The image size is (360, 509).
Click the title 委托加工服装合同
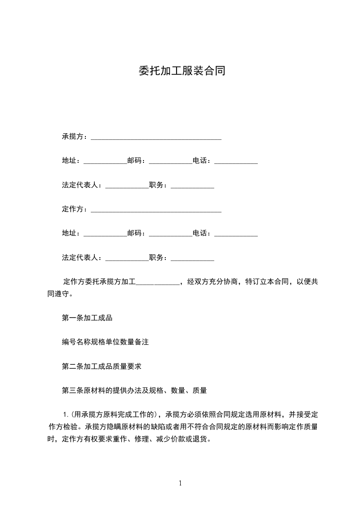pyautogui.click(x=181, y=71)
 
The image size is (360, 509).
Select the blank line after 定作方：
pyautogui.click(x=156, y=210)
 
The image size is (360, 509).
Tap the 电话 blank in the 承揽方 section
pyautogui.click(x=236, y=162)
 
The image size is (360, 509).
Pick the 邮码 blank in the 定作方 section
pyautogui.click(x=171, y=235)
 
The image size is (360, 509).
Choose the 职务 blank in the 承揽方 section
pyautogui.click(x=192, y=186)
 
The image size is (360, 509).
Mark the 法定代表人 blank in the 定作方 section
pyautogui.click(x=127, y=259)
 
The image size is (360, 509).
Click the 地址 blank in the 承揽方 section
pyautogui.click(x=105, y=162)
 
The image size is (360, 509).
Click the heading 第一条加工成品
pyautogui.click(x=87, y=318)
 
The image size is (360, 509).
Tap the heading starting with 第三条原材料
pyautogui.click(x=134, y=390)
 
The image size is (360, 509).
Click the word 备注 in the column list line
pyautogui.click(x=142, y=342)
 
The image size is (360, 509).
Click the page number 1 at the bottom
pyautogui.click(x=180, y=483)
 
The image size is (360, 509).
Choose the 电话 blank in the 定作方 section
pyautogui.click(x=236, y=235)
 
